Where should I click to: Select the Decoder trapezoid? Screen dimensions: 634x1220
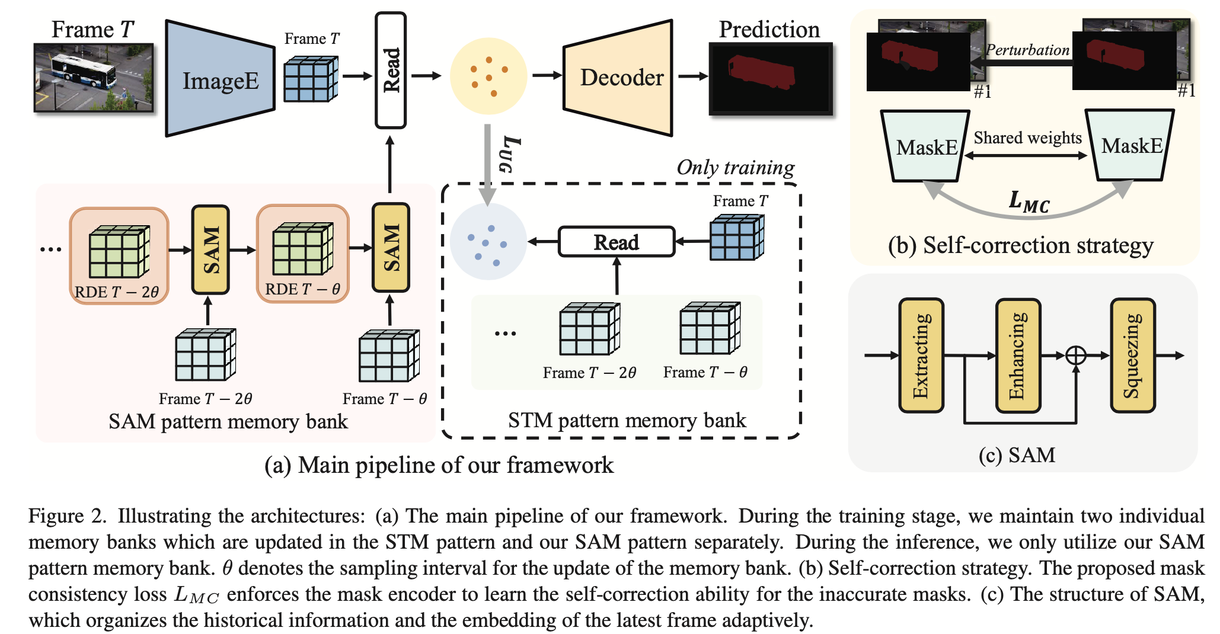[620, 78]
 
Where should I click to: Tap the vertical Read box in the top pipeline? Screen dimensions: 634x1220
[391, 70]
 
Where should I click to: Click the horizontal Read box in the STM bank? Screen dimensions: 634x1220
[617, 242]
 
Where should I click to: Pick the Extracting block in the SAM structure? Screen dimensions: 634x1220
[921, 356]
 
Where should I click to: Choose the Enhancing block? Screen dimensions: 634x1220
[1017, 356]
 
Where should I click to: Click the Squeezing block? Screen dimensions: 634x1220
[1132, 356]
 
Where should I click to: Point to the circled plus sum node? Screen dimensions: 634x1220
[1075, 356]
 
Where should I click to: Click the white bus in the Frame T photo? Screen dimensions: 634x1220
[83, 70]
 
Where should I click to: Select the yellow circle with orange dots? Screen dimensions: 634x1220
[488, 76]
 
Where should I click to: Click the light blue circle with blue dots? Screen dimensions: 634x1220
[488, 242]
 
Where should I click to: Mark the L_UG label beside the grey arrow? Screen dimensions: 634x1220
[510, 153]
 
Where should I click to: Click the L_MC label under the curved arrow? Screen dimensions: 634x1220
[1029, 201]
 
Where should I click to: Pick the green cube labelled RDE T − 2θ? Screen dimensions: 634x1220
[119, 252]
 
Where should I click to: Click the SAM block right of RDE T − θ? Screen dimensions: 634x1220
[391, 248]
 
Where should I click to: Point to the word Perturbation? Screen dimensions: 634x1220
[1027, 50]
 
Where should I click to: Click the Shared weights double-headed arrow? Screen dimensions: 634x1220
[1026, 156]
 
